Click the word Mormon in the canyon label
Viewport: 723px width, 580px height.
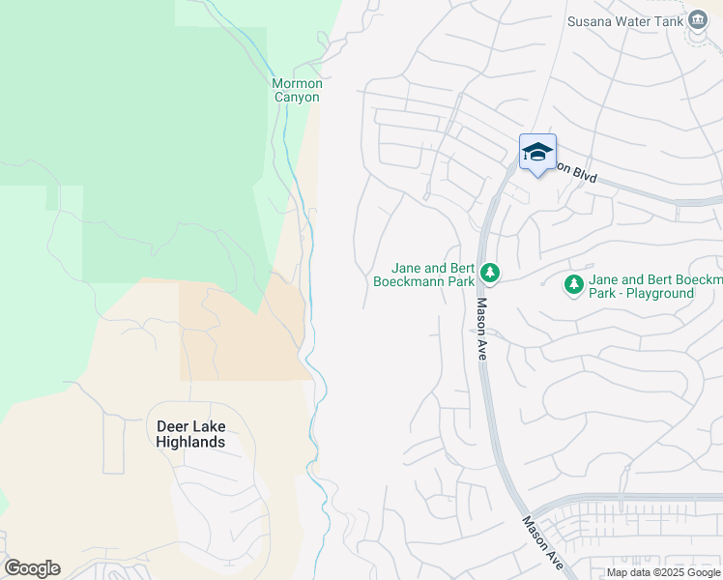[296, 83]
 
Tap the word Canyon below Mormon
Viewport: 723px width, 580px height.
[296, 97]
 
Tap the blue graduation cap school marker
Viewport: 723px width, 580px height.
[537, 153]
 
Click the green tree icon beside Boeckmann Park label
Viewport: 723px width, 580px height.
[490, 274]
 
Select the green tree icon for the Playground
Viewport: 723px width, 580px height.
[574, 284]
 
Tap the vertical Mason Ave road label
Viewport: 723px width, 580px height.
[481, 329]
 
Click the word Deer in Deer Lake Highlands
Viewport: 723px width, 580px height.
[171, 426]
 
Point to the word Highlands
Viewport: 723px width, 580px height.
[190, 442]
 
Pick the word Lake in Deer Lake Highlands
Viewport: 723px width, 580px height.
[208, 426]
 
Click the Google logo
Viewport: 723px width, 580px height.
[32, 568]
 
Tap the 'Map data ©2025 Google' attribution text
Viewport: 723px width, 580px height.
[663, 572]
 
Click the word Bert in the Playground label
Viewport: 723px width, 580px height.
[648, 278]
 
